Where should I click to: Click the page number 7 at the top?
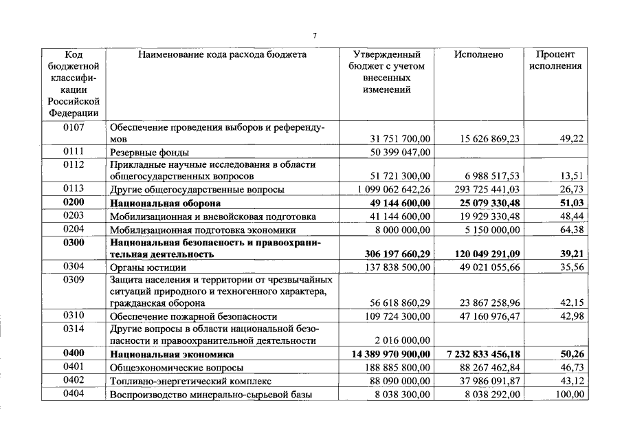click(314, 35)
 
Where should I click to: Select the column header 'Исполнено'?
click(478, 54)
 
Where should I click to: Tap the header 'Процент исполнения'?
click(556, 60)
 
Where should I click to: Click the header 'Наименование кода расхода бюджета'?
click(222, 54)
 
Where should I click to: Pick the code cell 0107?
click(74, 127)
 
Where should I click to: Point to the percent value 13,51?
click(571, 177)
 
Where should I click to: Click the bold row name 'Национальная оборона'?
click(165, 204)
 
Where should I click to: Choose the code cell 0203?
click(74, 217)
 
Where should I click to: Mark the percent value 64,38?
click(571, 230)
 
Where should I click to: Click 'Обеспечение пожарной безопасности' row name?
click(193, 317)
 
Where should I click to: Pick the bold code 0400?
click(74, 354)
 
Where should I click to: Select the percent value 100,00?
click(569, 394)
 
